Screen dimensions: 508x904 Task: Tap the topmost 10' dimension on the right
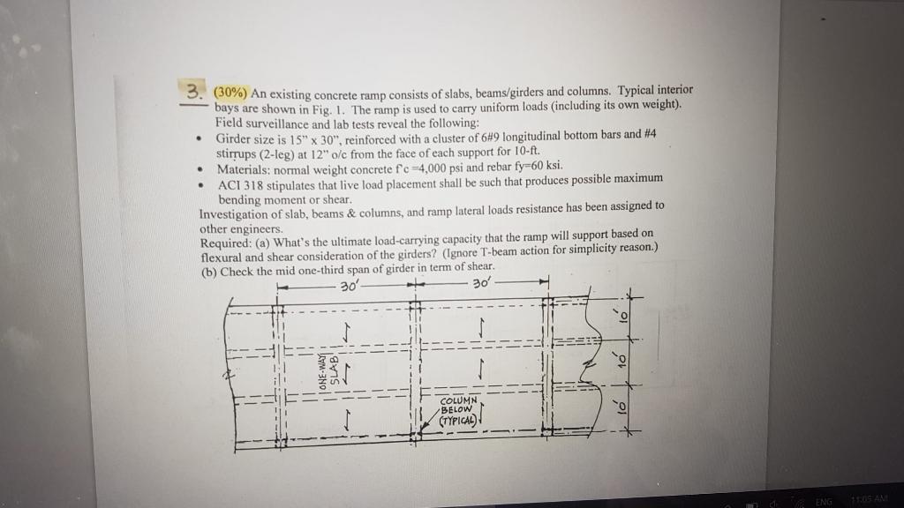622,315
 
